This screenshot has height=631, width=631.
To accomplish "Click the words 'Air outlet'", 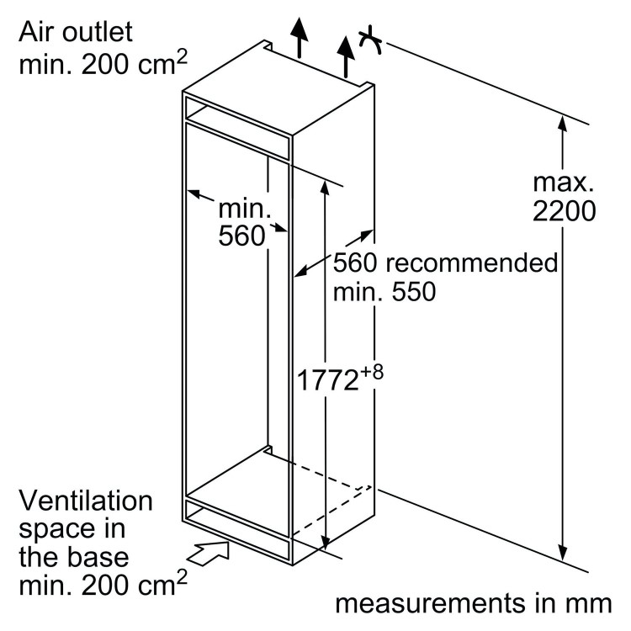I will pos(76,34).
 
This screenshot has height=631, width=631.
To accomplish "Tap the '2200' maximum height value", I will pos(564,211).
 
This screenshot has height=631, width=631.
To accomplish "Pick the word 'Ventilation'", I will pos(87,502).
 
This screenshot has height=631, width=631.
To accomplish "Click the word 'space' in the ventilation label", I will pos(56,530).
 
